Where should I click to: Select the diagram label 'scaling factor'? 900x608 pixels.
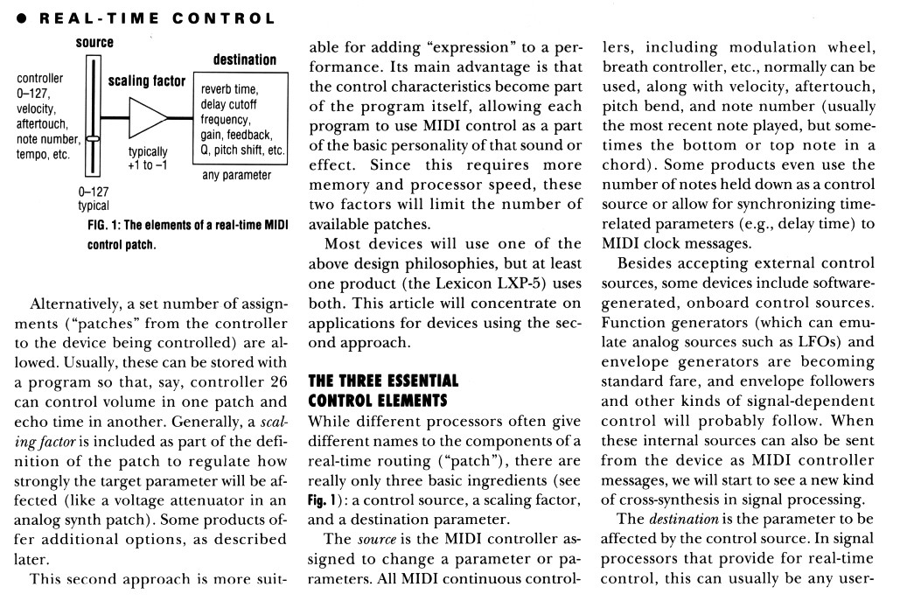(x=147, y=82)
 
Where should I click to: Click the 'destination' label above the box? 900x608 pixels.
(x=245, y=60)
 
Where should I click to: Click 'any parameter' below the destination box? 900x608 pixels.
(x=238, y=176)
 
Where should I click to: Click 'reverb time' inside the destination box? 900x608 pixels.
(x=229, y=90)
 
